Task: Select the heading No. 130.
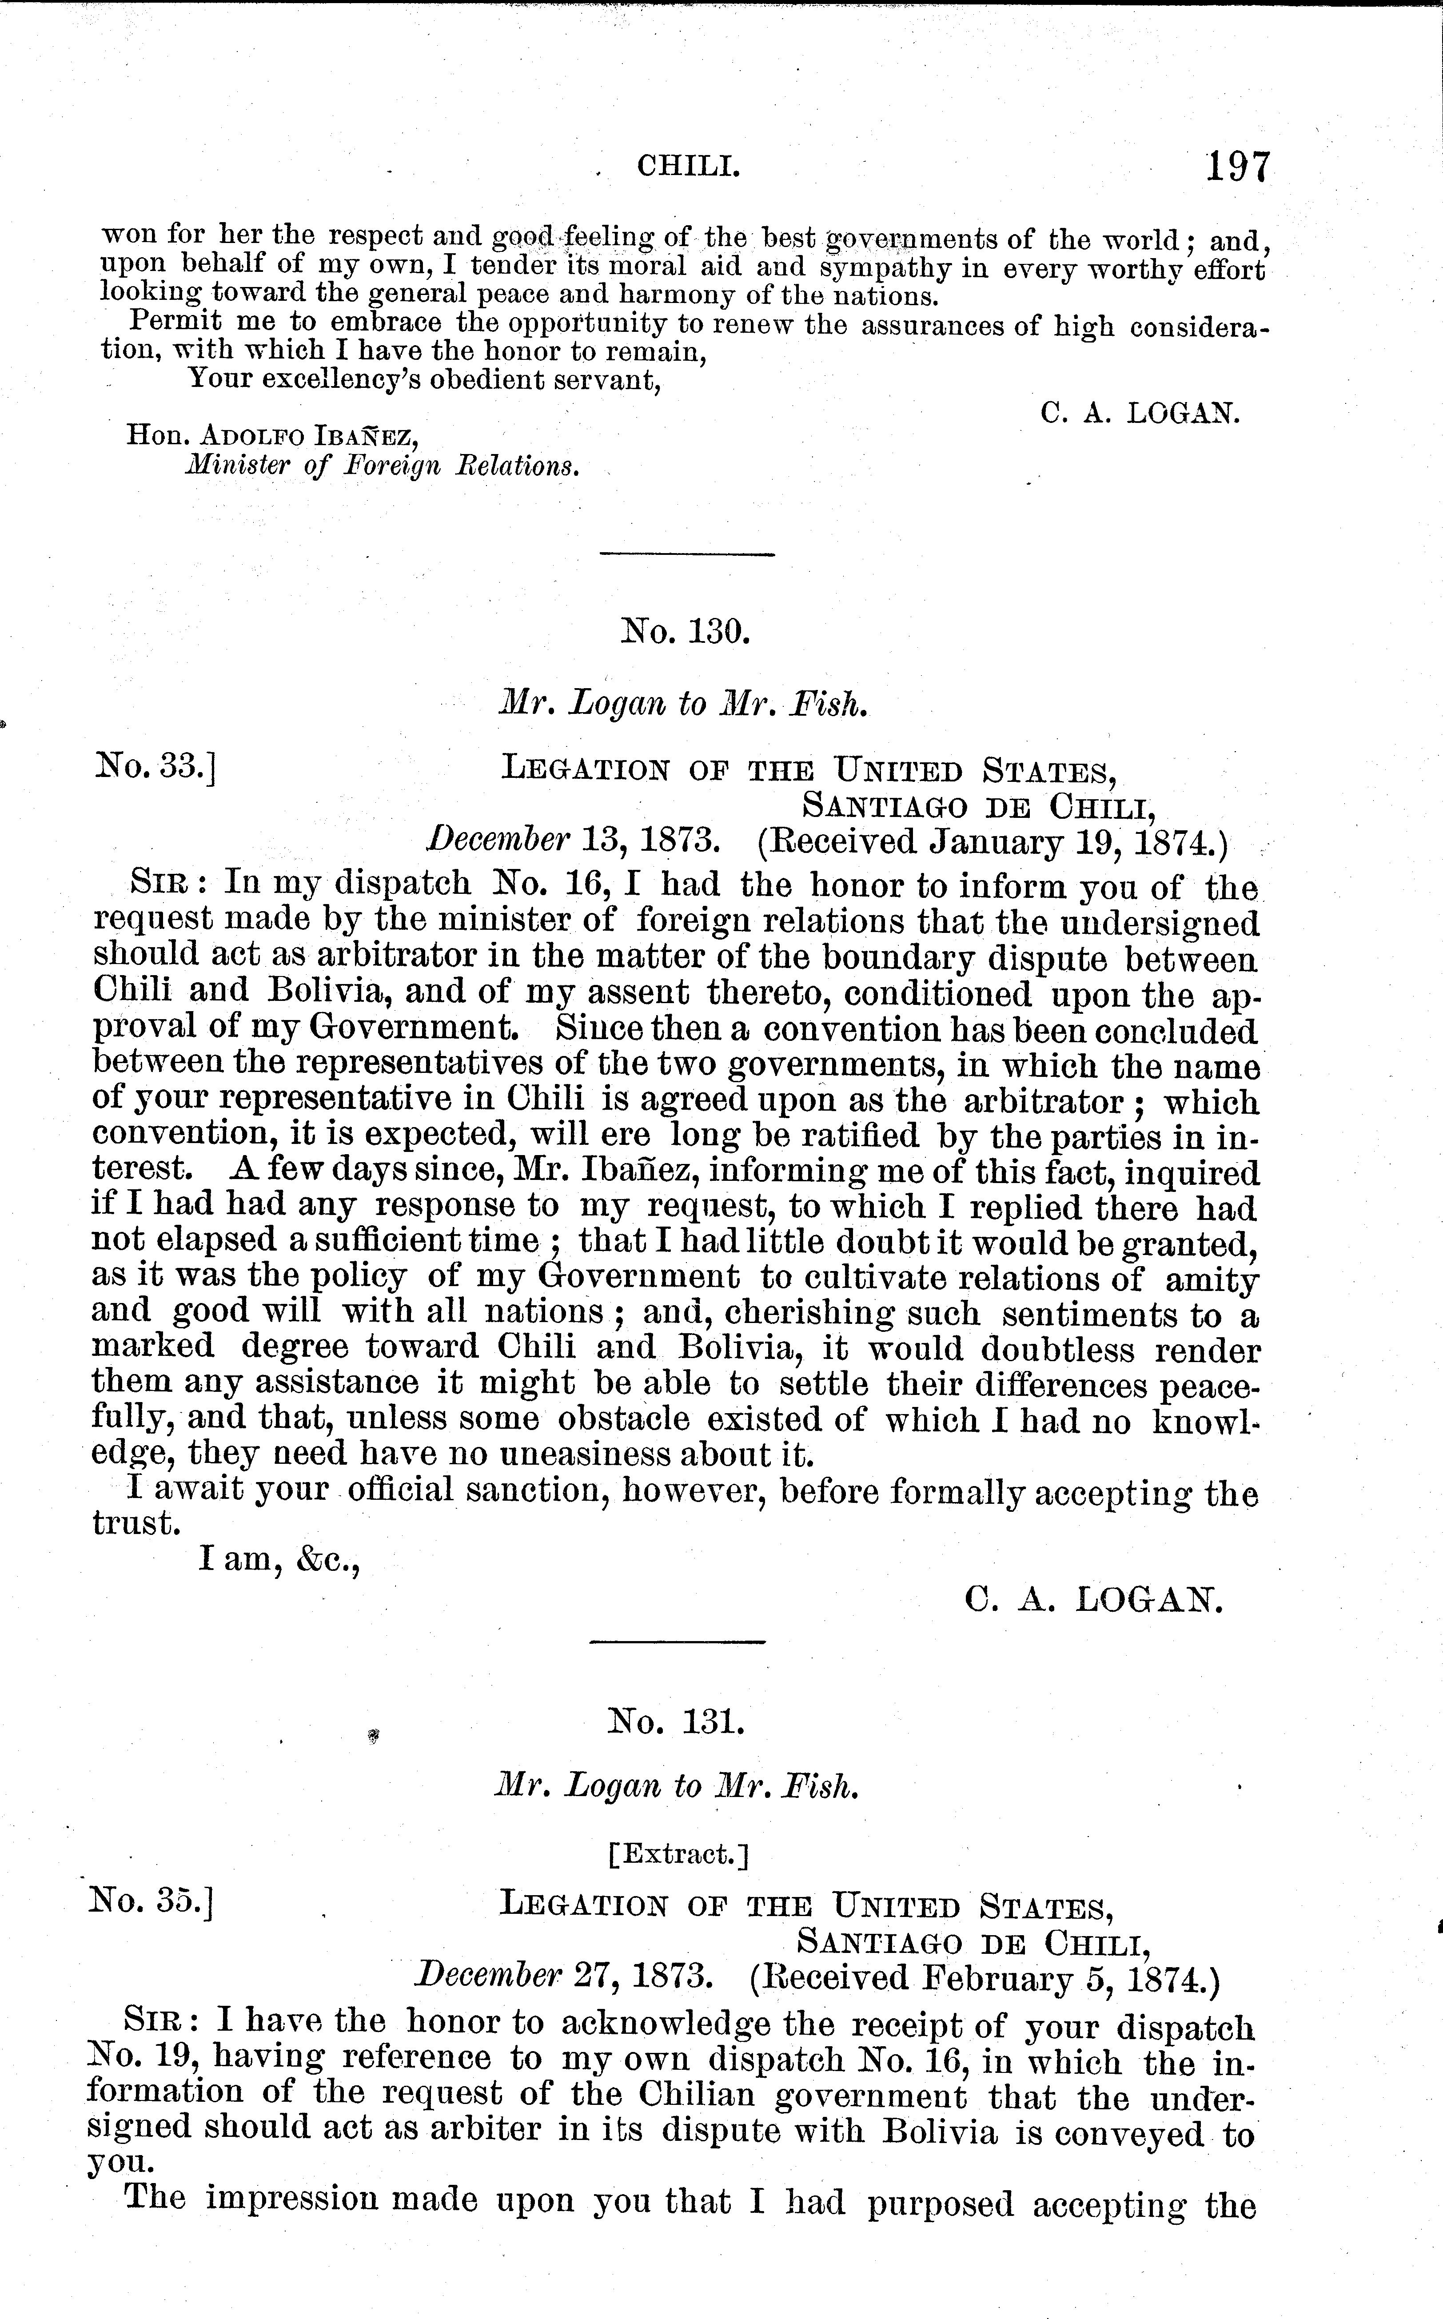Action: coord(685,632)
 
